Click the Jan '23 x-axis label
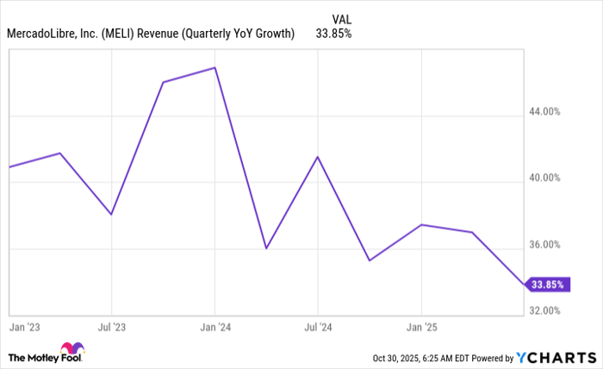(23, 328)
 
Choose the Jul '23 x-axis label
(110, 328)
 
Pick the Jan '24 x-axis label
(214, 328)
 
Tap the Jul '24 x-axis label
(318, 328)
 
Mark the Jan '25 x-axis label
(421, 328)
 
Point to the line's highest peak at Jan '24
(214, 67)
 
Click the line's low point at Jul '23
(111, 214)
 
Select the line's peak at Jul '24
(318, 157)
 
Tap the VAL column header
(341, 17)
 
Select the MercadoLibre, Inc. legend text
(152, 34)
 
